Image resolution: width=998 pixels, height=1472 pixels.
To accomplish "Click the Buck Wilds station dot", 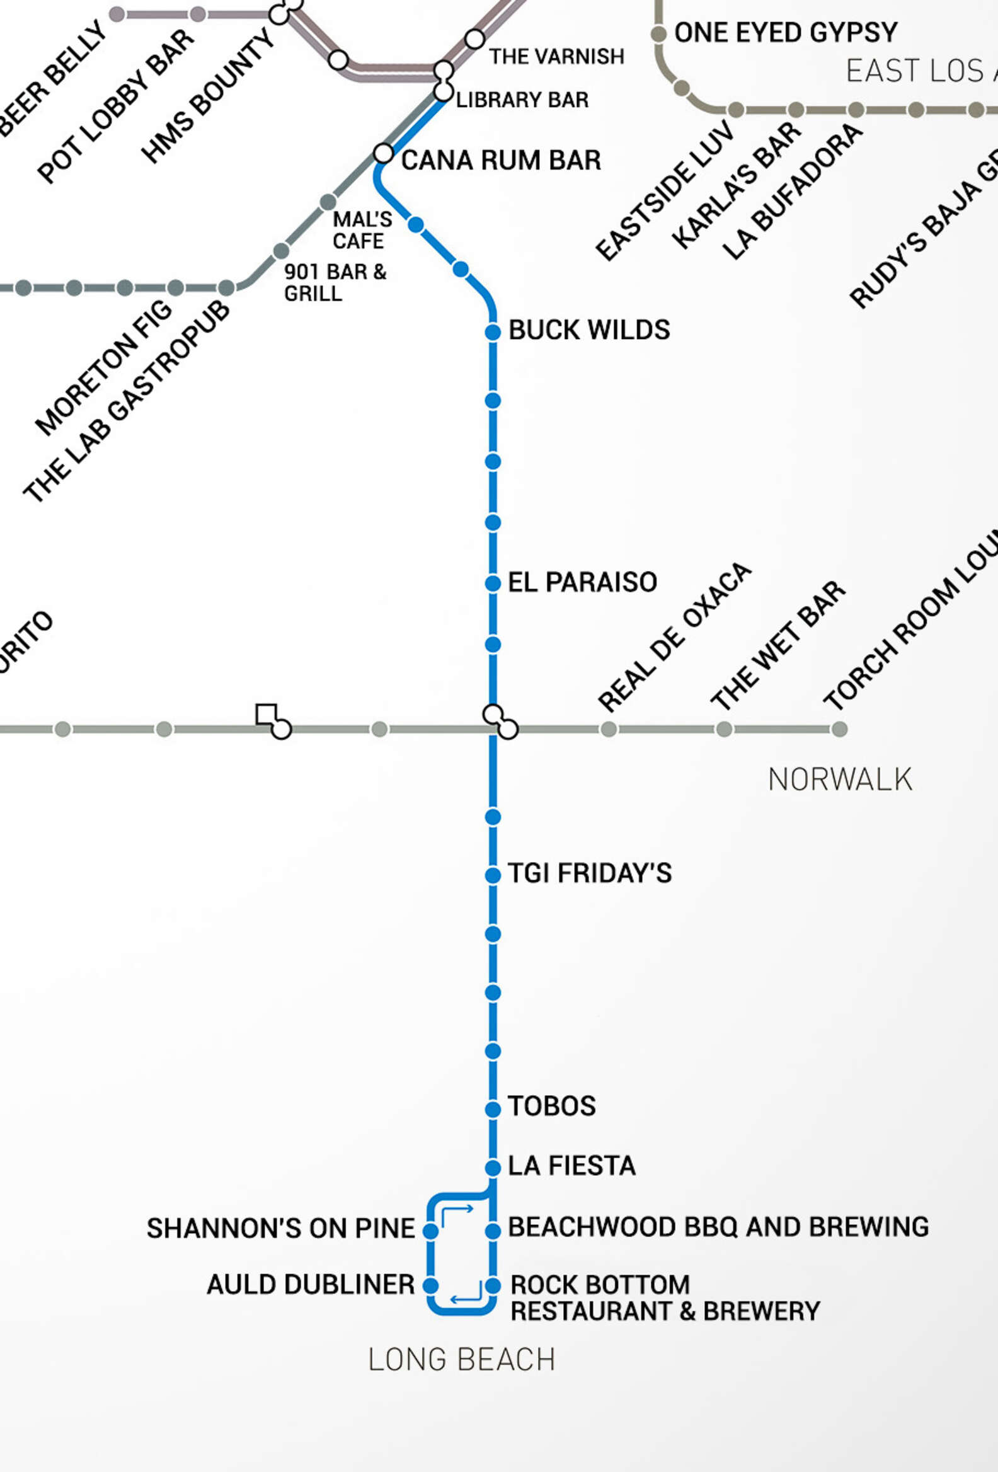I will point(493,331).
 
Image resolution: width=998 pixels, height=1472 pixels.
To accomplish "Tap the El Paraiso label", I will point(582,582).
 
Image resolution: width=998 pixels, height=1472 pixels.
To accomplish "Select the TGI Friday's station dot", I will point(493,875).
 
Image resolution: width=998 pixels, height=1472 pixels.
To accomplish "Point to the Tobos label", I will point(551,1106).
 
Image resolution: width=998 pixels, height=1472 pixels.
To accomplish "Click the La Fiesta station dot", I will point(493,1168).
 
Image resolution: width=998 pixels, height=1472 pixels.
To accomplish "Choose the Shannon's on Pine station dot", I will point(430,1231).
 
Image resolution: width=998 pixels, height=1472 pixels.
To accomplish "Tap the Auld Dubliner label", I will point(310,1284).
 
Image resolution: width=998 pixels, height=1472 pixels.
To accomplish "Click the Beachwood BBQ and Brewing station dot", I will point(493,1231).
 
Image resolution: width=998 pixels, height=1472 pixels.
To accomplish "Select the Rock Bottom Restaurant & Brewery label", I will point(664,1298).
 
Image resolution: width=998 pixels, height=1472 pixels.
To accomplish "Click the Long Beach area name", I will point(462,1360).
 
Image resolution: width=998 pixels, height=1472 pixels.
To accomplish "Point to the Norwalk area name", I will point(840,779).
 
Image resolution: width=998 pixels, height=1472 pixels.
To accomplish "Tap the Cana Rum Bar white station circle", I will point(383,153).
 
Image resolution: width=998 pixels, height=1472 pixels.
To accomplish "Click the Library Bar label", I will point(522,100).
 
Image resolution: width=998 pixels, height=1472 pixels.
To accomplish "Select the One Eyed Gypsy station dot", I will point(658,33).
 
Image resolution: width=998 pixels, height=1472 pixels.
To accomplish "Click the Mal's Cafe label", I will point(362,230).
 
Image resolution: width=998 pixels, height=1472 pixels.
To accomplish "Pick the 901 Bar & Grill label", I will point(335,282).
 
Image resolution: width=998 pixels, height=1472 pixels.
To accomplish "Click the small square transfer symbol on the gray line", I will point(266,714).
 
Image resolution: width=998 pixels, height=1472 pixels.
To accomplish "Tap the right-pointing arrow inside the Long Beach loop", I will point(458,1211).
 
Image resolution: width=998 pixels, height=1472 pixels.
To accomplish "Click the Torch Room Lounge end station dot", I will point(839,729).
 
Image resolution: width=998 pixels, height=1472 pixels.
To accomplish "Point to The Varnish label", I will point(556,56).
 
